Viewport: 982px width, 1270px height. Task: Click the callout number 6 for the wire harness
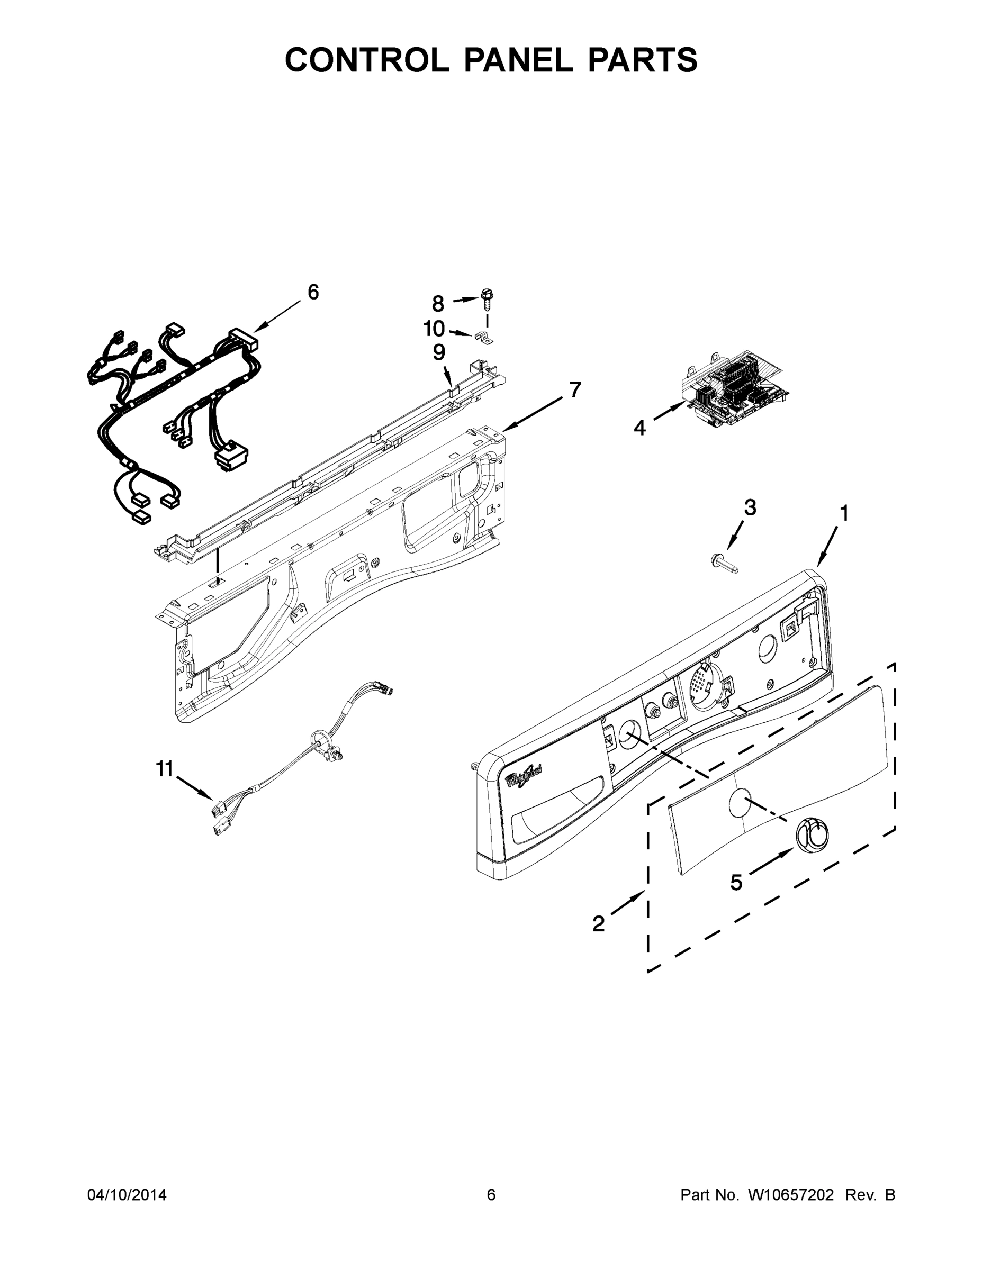coord(313,293)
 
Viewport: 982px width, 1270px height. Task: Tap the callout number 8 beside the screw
coord(437,304)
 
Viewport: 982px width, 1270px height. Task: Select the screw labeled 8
coord(487,299)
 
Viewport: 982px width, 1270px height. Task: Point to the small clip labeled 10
coord(482,336)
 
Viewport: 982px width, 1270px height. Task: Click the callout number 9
coord(439,352)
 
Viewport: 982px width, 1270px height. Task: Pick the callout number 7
coord(575,389)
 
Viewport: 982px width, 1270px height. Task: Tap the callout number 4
coord(639,428)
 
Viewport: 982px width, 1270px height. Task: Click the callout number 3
coord(750,507)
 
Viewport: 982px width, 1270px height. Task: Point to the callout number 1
coord(843,513)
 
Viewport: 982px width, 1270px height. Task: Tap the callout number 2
coord(599,923)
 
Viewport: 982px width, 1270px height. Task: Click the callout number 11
coord(165,769)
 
